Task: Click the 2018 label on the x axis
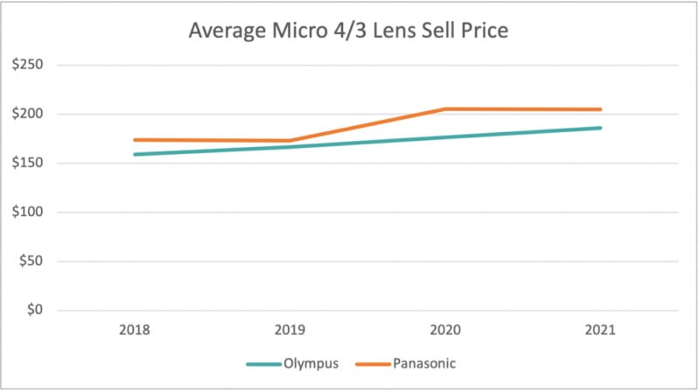pyautogui.click(x=136, y=331)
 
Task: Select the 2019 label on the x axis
pyautogui.click(x=290, y=331)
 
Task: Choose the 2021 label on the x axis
pyautogui.click(x=600, y=331)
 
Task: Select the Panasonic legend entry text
pyautogui.click(x=424, y=363)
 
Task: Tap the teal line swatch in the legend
pyautogui.click(x=262, y=363)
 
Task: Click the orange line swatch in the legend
pyautogui.click(x=373, y=363)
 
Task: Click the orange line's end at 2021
pyautogui.click(x=600, y=109)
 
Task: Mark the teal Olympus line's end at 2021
pyautogui.click(x=600, y=128)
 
